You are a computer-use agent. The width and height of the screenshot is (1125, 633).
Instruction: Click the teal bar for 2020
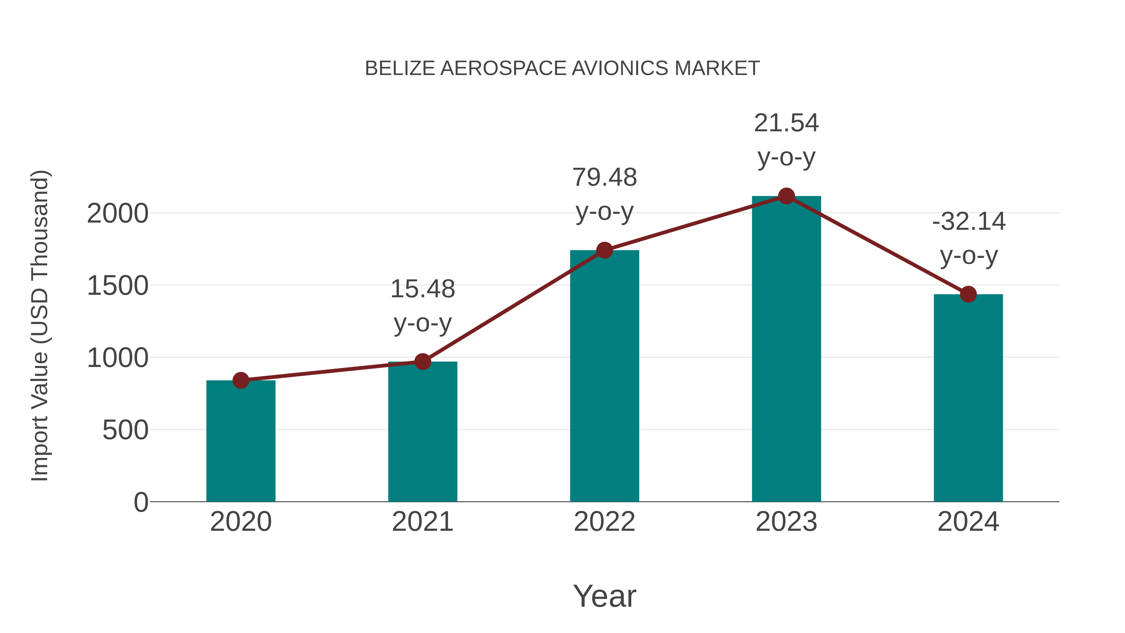241,441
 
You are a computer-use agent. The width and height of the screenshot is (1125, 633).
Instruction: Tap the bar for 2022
604,376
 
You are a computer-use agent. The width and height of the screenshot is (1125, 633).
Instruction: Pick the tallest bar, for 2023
786,349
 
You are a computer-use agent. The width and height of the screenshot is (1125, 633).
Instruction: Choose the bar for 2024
968,398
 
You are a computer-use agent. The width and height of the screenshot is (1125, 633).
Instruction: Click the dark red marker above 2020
241,380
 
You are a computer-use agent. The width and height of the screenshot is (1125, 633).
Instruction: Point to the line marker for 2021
422,362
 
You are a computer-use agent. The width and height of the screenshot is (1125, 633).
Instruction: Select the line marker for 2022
604,250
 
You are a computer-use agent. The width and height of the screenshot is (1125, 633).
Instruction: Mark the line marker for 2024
968,294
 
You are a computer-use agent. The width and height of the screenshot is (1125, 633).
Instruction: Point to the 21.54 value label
786,123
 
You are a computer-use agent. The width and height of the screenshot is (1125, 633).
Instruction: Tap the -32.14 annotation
968,222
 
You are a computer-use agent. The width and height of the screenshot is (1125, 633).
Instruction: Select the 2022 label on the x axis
604,522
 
